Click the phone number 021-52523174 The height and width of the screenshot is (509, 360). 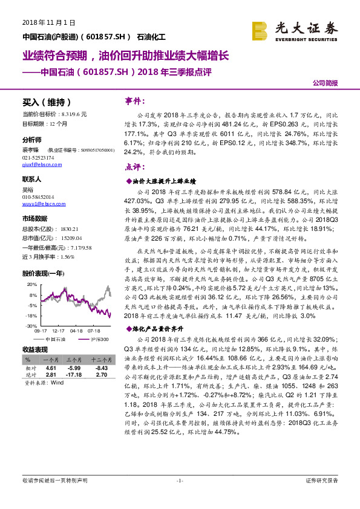[38, 156]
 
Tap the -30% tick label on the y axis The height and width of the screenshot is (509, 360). [33, 326]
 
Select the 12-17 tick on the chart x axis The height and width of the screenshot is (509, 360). [59, 331]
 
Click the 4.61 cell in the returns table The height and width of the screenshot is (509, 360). [51, 368]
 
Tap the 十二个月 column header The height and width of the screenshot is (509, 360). [100, 360]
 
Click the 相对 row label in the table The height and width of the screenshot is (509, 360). [31, 368]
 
